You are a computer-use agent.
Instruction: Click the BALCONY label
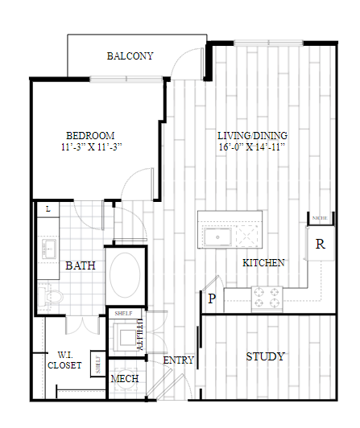[x=130, y=56]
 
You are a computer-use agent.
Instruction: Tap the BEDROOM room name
[x=90, y=135]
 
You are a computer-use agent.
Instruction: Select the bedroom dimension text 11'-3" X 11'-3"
[x=90, y=147]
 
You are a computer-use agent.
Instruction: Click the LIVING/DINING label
[x=252, y=135]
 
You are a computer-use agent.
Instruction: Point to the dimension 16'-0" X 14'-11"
[x=252, y=148]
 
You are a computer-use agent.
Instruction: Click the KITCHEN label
[x=265, y=262]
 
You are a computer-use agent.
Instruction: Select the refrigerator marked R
[x=320, y=245]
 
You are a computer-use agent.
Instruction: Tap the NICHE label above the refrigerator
[x=320, y=218]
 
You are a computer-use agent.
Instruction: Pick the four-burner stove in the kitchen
[x=267, y=298]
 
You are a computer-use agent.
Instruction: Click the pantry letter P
[x=212, y=298]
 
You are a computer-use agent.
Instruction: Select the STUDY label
[x=265, y=356]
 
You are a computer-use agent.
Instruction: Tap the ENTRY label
[x=179, y=360]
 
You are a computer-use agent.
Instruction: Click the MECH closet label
[x=125, y=379]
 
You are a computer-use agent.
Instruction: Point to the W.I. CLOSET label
[x=64, y=360]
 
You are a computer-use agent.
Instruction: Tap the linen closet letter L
[x=48, y=209]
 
